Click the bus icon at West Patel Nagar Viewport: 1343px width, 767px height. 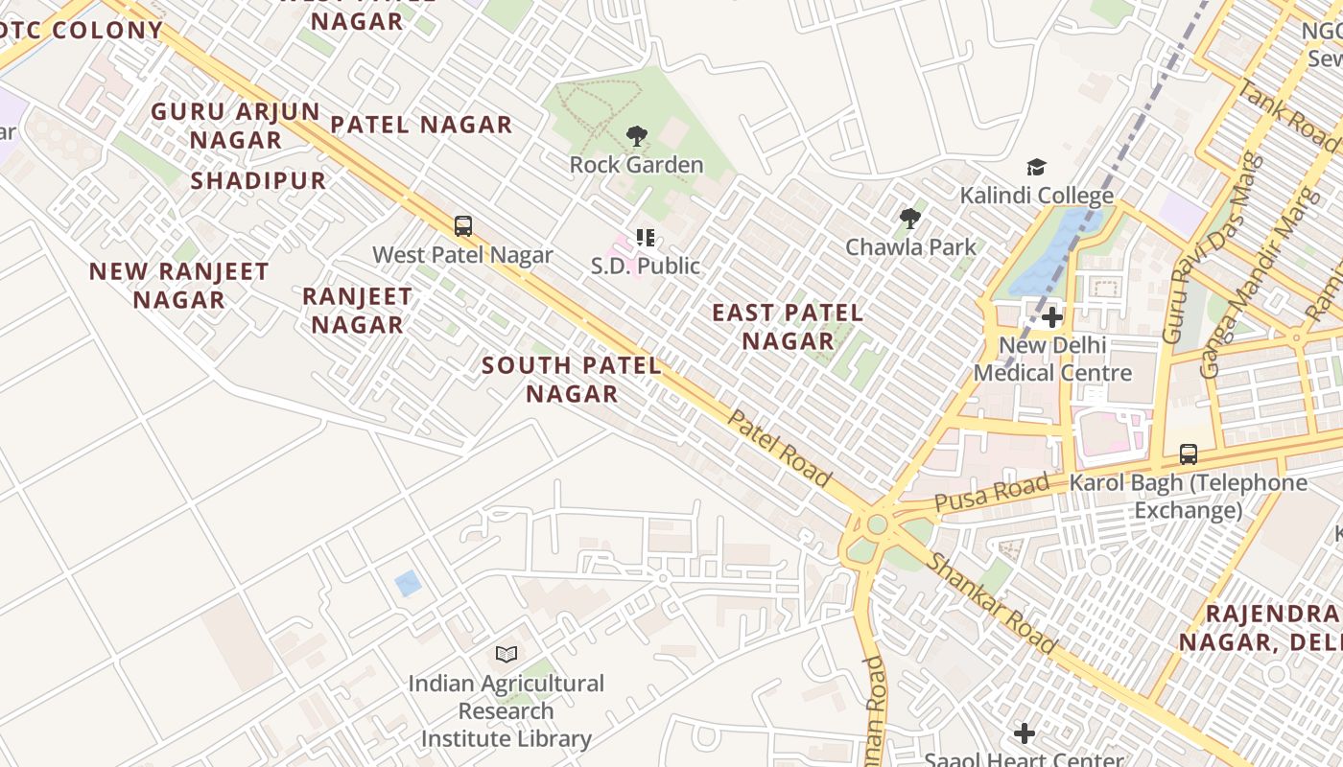click(x=463, y=227)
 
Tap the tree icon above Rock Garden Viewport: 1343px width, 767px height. click(x=636, y=137)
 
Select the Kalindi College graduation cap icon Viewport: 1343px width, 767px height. click(x=1036, y=169)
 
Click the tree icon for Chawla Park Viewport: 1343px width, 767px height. click(x=909, y=220)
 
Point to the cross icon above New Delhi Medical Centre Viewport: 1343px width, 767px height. click(x=1052, y=317)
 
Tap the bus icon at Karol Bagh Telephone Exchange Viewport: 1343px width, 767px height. click(x=1189, y=454)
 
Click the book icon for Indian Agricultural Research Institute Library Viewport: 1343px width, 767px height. click(x=507, y=655)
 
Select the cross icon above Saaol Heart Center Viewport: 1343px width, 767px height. click(x=1025, y=734)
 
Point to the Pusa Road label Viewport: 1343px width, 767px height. click(x=991, y=494)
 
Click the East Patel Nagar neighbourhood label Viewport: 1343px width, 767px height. click(x=788, y=327)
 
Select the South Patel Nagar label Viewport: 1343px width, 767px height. click(x=572, y=380)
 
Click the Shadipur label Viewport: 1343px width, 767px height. click(x=258, y=181)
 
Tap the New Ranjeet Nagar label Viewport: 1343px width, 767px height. click(x=179, y=286)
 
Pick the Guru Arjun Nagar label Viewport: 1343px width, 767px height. click(x=235, y=126)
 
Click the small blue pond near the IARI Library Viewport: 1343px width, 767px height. click(x=408, y=583)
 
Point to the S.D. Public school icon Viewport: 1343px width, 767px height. click(x=645, y=238)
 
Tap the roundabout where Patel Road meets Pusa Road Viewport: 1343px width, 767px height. click(x=876, y=524)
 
